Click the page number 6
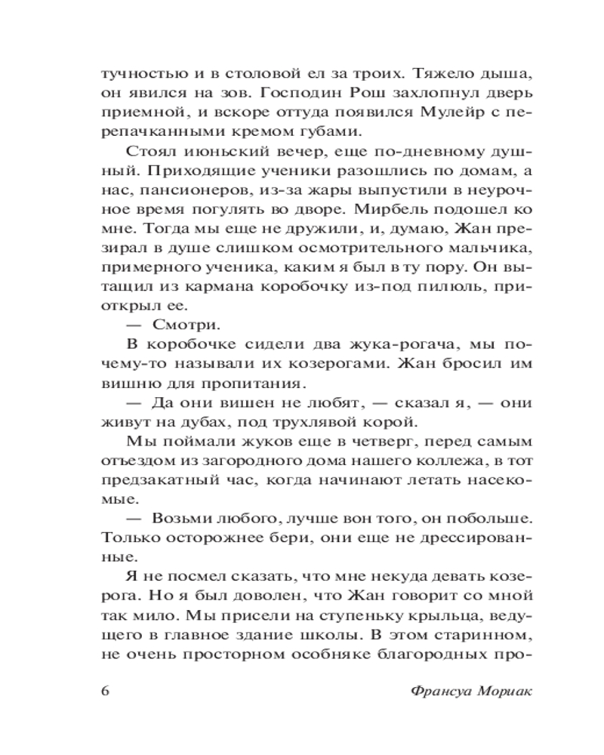[104, 693]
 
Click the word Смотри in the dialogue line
[184, 326]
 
